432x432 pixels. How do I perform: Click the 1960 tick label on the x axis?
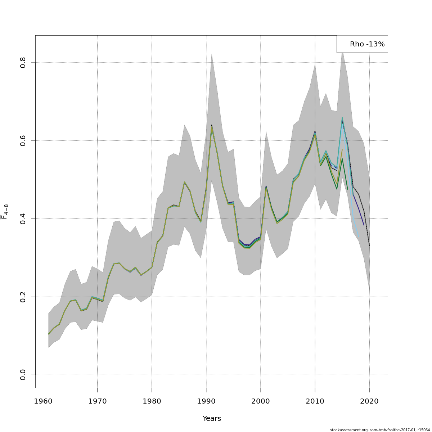tap(43, 401)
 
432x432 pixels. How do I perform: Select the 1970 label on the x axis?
tap(97, 401)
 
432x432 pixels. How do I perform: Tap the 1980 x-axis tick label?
tap(152, 401)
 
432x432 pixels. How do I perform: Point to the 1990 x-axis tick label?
tap(206, 401)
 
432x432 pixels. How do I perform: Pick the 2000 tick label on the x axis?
tap(261, 401)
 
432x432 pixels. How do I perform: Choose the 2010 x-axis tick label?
tap(315, 401)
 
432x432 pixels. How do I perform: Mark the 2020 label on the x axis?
tap(369, 401)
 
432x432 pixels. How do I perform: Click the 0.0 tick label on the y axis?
tap(23, 375)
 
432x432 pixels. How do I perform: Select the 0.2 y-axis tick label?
tap(23, 297)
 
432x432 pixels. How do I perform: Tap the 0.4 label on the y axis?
tap(23, 219)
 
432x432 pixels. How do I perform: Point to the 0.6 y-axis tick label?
tap(23, 140)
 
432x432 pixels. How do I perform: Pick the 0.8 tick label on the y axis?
tap(23, 63)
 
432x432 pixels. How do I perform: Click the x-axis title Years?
tap(212, 419)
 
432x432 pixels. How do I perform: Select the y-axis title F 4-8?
tap(5, 212)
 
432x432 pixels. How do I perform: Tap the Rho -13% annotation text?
tap(367, 44)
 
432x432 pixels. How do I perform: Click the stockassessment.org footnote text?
tap(380, 430)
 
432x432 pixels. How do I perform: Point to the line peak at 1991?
tap(212, 125)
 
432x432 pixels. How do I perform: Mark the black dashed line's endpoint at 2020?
tap(369, 246)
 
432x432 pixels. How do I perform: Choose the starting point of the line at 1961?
tap(49, 334)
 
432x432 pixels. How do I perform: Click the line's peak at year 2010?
tap(315, 132)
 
